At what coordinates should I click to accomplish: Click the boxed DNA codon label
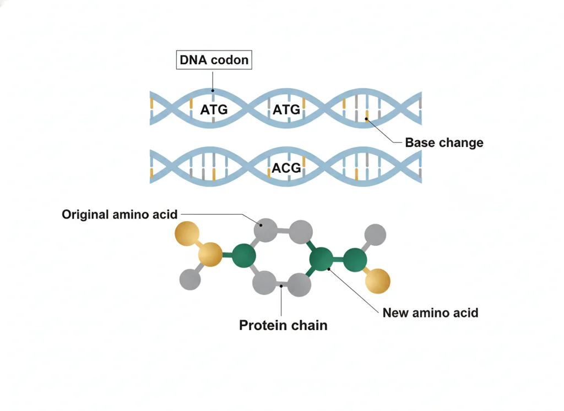pos(214,59)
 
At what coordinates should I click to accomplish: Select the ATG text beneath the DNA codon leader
pos(214,109)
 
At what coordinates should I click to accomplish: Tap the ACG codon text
pos(286,168)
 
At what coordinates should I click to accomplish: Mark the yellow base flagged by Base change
pos(366,116)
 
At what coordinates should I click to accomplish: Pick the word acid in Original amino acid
pos(165,215)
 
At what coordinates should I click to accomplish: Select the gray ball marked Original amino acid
pos(265,229)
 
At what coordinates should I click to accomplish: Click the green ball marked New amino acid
pos(321,259)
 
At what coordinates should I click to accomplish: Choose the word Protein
pos(263,326)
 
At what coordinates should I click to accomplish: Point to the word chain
pos(310,326)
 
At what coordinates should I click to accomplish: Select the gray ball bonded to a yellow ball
pos(190,279)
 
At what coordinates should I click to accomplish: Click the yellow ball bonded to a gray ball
pos(210,254)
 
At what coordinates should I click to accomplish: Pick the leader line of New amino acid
pos(353,291)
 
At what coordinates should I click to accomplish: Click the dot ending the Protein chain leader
pos(281,286)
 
